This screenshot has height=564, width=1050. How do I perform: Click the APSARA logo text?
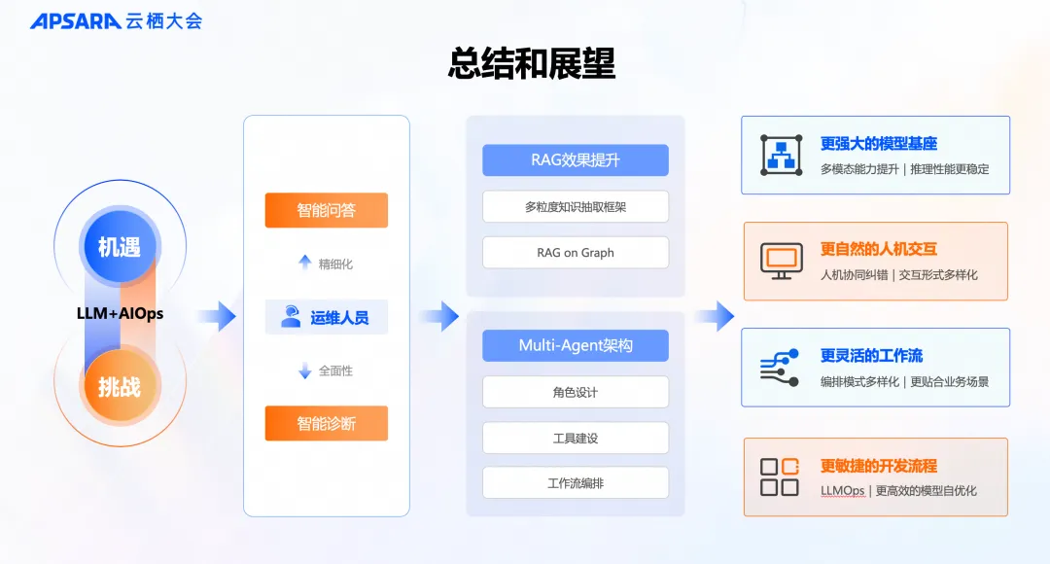(x=75, y=20)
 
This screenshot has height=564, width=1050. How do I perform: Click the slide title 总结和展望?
(x=531, y=63)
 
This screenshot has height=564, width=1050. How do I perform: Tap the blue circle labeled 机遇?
(x=119, y=247)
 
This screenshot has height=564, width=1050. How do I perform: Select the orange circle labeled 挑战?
(x=119, y=386)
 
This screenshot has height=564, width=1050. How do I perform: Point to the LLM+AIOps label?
(x=120, y=313)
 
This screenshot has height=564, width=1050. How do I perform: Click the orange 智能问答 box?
(x=326, y=210)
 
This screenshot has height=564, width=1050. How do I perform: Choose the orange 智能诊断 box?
(x=326, y=423)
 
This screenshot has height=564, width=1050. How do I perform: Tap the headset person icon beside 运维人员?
(x=291, y=317)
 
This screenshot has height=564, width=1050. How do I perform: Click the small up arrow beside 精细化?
(x=304, y=263)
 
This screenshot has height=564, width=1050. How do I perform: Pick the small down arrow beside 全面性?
(x=304, y=370)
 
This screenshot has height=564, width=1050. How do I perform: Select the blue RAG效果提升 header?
(x=576, y=160)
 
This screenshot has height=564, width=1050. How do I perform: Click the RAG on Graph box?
(x=576, y=253)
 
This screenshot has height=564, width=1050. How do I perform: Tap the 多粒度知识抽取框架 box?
(x=576, y=206)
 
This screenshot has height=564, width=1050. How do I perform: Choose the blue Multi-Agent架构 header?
(x=576, y=345)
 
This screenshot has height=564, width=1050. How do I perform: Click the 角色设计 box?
(x=576, y=392)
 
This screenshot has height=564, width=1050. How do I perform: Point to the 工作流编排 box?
(x=576, y=483)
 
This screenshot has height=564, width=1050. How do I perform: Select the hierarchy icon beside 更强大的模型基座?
(x=781, y=155)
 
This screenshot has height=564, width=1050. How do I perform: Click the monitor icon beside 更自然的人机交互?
(x=781, y=261)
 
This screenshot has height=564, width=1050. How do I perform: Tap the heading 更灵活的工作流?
(x=871, y=355)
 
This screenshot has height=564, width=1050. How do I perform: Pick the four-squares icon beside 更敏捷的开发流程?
(x=780, y=476)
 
